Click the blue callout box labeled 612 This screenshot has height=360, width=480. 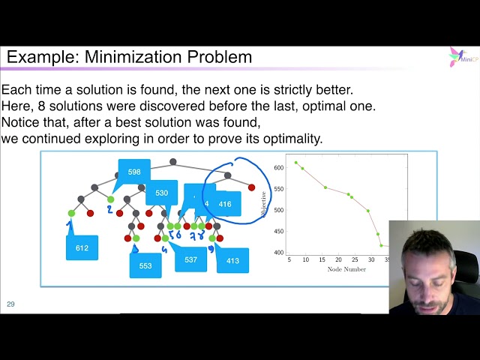pos(82,247)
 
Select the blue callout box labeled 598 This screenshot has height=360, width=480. pos(134,172)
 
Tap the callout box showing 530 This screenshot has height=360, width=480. pos(161,193)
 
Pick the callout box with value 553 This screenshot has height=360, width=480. pos(145,265)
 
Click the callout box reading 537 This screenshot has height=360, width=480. pos(190,259)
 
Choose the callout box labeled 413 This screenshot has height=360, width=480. pos(232,260)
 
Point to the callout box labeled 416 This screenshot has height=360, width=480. pos(225,203)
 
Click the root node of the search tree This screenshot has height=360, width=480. pos(173,161)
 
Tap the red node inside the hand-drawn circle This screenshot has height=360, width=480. pos(251,187)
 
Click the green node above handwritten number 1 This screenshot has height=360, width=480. pos(71,213)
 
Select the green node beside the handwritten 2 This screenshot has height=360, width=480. pos(110,199)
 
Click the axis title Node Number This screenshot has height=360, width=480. pos(346,269)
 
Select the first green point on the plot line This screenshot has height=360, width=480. pos(295,162)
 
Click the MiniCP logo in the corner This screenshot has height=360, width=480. pos(460,57)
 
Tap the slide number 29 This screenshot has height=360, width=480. pos(10,304)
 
